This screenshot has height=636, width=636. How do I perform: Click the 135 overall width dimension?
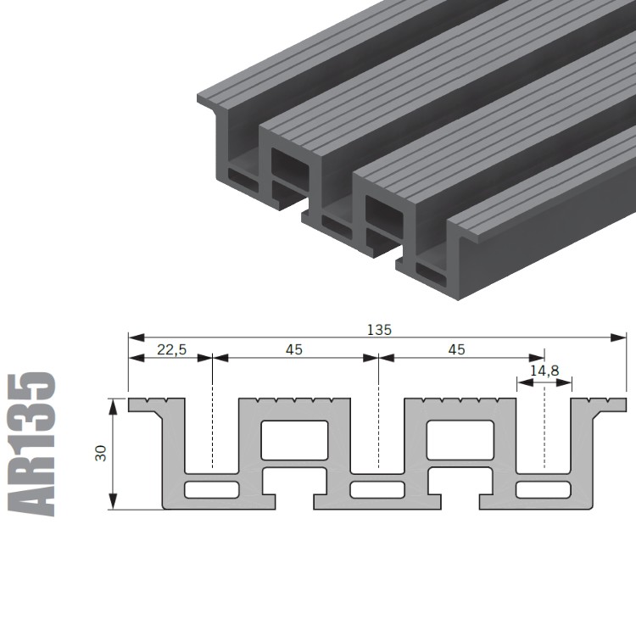pyautogui.click(x=379, y=330)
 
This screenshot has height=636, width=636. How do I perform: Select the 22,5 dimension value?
pyautogui.click(x=171, y=349)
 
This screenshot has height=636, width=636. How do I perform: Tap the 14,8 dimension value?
pyautogui.click(x=544, y=371)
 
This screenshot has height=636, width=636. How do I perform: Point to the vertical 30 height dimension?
pyautogui.click(x=101, y=453)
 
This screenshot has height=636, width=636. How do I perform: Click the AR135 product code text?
pyautogui.click(x=31, y=444)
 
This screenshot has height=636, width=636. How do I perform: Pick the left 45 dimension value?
pyautogui.click(x=294, y=349)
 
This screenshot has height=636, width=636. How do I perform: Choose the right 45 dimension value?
pyautogui.click(x=457, y=349)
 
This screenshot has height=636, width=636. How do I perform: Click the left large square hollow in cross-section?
pyautogui.click(x=294, y=440)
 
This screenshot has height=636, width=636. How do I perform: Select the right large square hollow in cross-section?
pyautogui.click(x=460, y=440)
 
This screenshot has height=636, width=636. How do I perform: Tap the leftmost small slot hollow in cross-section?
pyautogui.click(x=211, y=490)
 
